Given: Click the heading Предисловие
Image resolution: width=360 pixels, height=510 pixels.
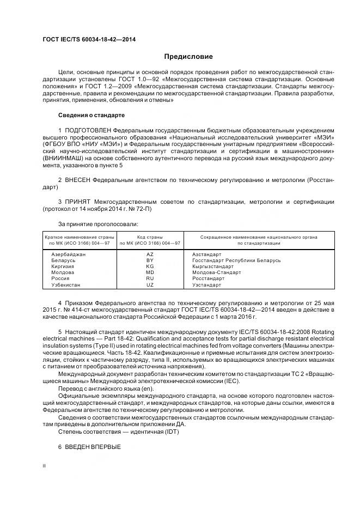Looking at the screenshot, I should [188, 57].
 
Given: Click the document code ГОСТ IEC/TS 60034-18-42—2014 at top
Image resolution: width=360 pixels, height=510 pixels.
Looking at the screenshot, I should [89, 40].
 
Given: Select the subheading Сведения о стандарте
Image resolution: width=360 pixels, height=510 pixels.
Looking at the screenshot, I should [91, 116].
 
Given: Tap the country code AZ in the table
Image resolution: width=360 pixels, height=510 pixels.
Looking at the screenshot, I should [150, 254].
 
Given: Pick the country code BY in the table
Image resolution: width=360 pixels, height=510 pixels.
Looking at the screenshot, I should [150, 260].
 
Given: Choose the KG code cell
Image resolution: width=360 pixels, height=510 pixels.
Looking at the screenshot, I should [150, 266].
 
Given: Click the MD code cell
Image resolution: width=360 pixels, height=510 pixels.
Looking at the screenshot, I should [150, 272].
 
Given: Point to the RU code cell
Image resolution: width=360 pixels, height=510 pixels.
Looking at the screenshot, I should [150, 278].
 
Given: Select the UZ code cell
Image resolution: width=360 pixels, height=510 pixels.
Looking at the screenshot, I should [150, 285].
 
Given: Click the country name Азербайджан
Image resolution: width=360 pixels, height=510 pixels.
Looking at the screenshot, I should [68, 254].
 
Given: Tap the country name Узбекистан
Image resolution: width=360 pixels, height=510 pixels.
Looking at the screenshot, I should [65, 285].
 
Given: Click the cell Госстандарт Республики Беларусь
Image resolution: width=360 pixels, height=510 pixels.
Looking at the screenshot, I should [236, 260].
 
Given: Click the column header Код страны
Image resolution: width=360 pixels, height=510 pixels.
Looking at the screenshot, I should [150, 237].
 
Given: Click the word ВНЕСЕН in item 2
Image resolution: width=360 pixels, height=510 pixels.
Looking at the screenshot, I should [78, 179].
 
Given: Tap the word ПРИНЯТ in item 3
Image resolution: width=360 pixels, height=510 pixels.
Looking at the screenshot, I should [78, 202].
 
